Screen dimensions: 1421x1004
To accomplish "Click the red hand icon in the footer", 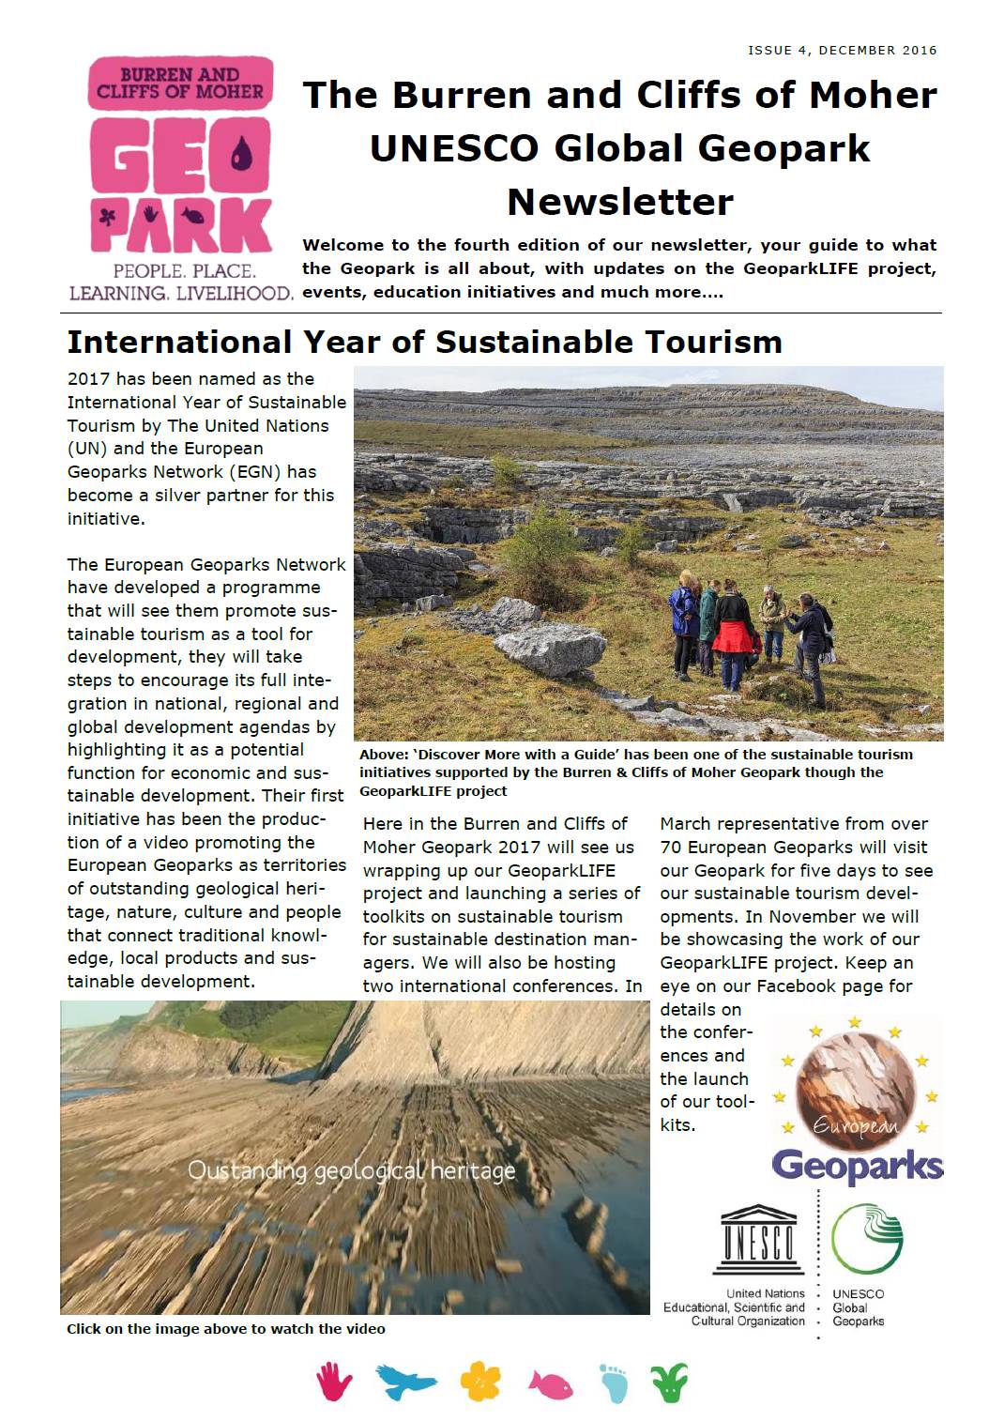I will click(x=333, y=1382).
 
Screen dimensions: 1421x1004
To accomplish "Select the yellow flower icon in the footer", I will click(x=479, y=1381).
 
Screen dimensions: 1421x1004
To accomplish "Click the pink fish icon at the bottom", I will click(x=550, y=1384).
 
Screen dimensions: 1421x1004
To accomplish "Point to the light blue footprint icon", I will click(x=614, y=1383).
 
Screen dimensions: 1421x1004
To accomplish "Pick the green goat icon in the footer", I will click(x=670, y=1382).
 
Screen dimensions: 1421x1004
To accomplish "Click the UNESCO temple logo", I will click(x=758, y=1240).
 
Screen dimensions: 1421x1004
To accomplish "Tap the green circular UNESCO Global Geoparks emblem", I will click(x=867, y=1238).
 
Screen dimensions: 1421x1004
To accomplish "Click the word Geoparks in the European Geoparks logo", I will click(x=857, y=1166).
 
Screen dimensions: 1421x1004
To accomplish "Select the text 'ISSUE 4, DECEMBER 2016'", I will click(x=842, y=51).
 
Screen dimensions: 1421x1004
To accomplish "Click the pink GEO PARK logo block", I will click(x=181, y=155).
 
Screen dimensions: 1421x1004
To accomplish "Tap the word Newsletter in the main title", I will click(x=620, y=202).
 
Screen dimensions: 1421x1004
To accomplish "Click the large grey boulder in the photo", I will click(x=551, y=647).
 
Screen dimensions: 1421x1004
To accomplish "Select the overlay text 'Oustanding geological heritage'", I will click(x=351, y=1170).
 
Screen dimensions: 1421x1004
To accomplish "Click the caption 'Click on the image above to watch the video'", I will click(x=225, y=1329).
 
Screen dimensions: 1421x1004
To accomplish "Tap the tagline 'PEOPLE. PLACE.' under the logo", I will click(x=184, y=271).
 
